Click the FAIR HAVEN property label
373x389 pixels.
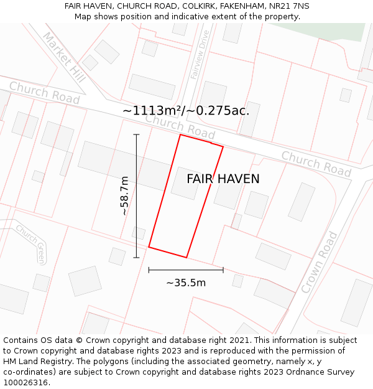coord(223,179)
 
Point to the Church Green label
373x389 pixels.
coord(31,243)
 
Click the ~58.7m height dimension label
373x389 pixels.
coord(125,195)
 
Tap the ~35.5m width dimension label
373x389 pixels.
coord(186,283)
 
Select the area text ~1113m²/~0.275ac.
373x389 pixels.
coord(186,111)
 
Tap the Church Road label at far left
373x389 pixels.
coord(44,93)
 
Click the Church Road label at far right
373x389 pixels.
coord(316,162)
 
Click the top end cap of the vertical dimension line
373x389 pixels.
coord(136,134)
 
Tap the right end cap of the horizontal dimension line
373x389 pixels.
coord(223,269)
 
